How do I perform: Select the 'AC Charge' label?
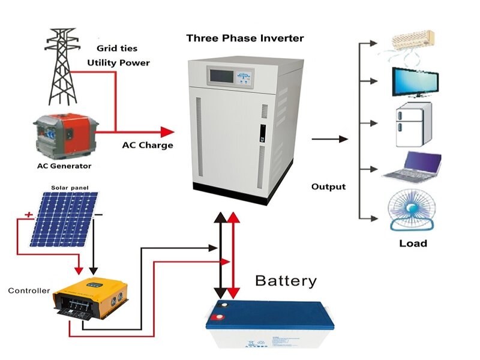[x=147, y=145]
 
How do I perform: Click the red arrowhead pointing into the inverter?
[x=167, y=131]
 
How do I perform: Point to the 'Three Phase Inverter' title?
[x=245, y=38]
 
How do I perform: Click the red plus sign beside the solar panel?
[x=27, y=214]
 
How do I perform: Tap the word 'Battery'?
[x=285, y=281]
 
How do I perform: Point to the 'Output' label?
[x=328, y=187]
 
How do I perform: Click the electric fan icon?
[x=412, y=210]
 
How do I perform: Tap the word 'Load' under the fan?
[x=413, y=243]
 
